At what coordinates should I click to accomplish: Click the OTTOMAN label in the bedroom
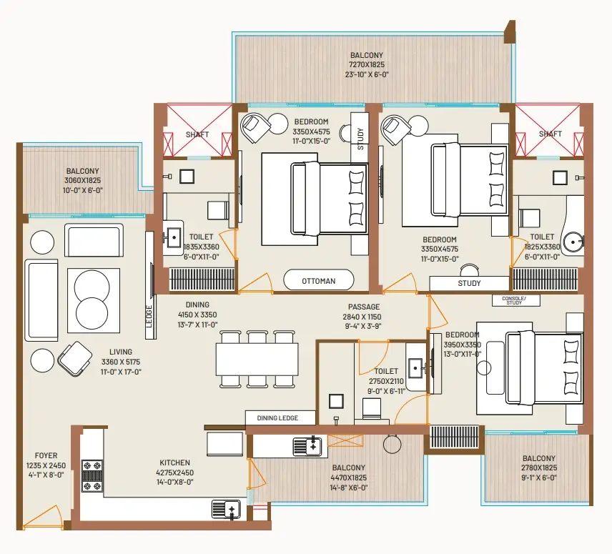318,281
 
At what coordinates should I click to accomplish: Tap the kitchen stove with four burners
92,475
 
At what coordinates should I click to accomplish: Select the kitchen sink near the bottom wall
227,510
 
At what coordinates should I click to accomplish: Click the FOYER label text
46,455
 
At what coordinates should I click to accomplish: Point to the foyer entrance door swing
43,518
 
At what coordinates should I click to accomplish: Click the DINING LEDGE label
277,418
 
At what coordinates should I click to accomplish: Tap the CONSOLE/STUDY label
513,300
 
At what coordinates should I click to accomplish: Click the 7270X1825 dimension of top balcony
367,64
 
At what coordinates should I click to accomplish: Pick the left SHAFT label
197,134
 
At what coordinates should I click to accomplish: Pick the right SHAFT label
550,134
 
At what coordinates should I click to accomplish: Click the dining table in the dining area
257,359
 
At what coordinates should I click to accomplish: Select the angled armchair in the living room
74,359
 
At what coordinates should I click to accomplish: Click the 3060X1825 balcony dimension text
84,181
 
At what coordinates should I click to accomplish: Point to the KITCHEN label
174,463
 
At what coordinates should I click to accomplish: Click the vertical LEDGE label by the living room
149,315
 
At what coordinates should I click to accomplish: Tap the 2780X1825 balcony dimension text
538,468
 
